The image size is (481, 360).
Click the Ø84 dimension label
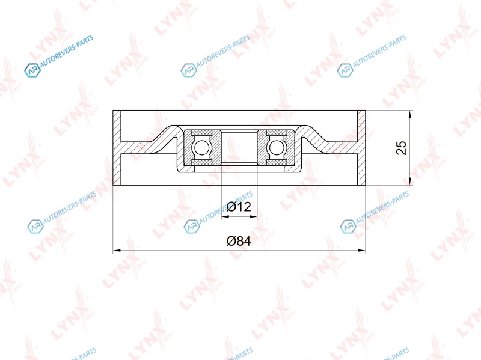(x=239, y=241)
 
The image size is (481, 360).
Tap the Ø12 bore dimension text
(x=239, y=207)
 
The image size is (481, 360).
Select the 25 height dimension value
(x=401, y=148)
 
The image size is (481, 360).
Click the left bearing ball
(x=201, y=148)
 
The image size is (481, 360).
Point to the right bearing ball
(x=277, y=148)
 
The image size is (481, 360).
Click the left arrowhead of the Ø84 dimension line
(x=116, y=251)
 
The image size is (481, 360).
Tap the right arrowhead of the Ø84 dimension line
(x=362, y=251)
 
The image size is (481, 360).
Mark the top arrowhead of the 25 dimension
(x=410, y=114)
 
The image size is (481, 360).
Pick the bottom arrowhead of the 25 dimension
(x=410, y=182)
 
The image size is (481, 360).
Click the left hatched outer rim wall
(x=117, y=148)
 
